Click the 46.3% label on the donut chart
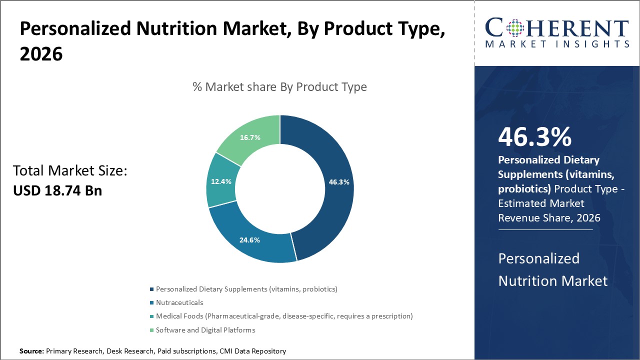(x=338, y=182)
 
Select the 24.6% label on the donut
(x=249, y=240)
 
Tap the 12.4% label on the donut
(x=221, y=181)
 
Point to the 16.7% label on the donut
(x=250, y=137)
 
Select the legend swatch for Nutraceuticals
(x=151, y=302)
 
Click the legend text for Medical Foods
(x=284, y=316)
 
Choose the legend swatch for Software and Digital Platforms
(x=151, y=330)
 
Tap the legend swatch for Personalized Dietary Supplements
(x=151, y=289)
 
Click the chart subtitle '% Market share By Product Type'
(x=279, y=87)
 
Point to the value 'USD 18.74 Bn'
(x=57, y=190)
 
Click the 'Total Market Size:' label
(x=70, y=171)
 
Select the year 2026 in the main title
(x=41, y=54)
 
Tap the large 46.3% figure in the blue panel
(x=534, y=137)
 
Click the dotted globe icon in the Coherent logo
(x=515, y=28)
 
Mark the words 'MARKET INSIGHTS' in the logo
(x=557, y=44)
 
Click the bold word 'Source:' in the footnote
(x=31, y=351)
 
